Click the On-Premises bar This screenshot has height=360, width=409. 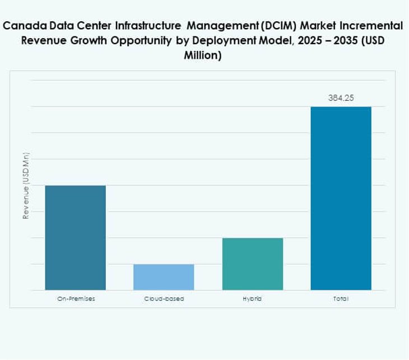coord(76,237)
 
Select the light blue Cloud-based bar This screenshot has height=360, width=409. coord(164,277)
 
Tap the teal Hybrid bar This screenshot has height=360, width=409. coord(252,264)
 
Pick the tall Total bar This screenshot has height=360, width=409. coord(341,198)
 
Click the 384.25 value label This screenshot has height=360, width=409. coord(341,98)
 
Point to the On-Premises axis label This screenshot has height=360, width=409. coord(76,299)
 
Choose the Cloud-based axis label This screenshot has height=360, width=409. coord(164,299)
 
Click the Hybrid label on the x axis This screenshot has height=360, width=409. coord(252,299)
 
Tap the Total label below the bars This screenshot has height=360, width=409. coord(341,299)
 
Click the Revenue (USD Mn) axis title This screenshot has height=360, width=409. coord(26,185)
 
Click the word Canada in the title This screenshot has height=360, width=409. coord(23,26)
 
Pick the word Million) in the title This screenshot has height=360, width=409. coord(203,56)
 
